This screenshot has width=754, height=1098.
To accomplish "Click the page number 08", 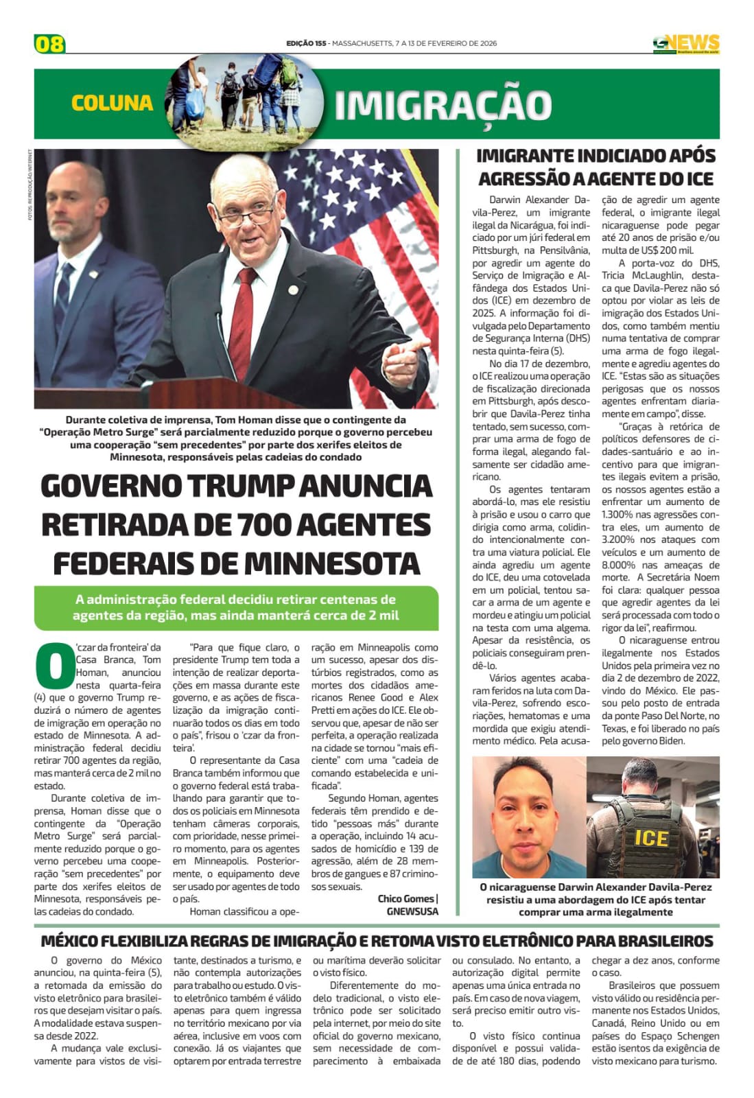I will click(49, 44).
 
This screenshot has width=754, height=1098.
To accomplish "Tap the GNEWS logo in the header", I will click(685, 43).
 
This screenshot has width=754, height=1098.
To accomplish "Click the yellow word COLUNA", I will click(112, 103).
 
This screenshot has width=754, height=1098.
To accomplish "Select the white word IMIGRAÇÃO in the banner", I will click(443, 105).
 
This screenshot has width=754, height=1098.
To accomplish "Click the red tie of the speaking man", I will click(243, 315).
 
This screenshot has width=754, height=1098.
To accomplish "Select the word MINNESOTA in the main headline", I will click(332, 563).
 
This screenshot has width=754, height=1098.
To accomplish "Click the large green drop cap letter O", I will click(53, 665).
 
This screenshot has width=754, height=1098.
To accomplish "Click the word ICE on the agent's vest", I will click(650, 838).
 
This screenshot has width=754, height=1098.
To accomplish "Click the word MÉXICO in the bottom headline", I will click(71, 940).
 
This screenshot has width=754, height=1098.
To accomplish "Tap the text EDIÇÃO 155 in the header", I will click(306, 43).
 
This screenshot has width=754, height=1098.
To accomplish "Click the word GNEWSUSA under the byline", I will click(412, 911).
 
